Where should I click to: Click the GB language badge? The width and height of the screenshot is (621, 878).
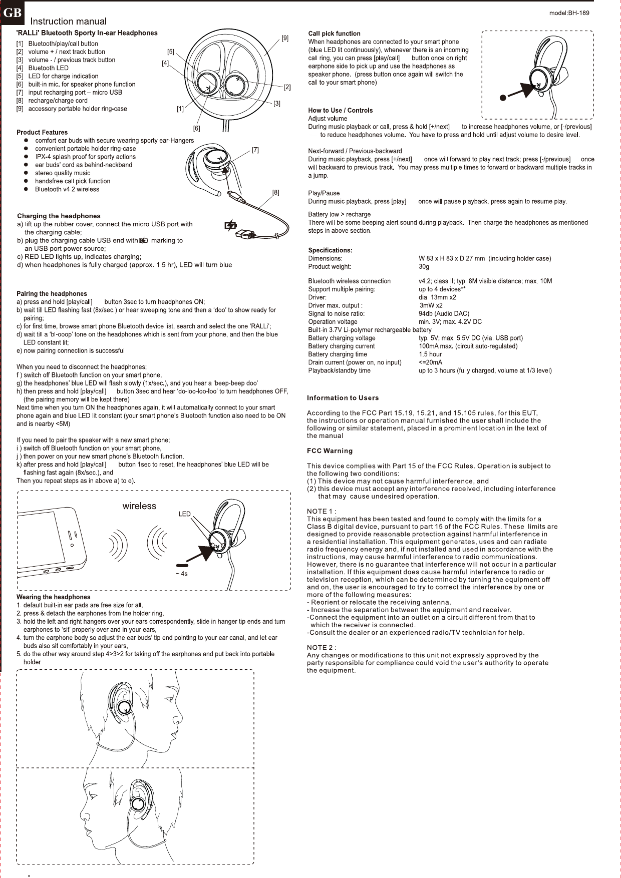coord(12,13)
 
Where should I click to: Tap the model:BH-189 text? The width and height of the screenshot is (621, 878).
coord(569,13)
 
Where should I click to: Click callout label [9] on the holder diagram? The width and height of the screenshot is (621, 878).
coord(284,38)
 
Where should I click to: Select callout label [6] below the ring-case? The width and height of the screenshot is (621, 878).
coord(197,128)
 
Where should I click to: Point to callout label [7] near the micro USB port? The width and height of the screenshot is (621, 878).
coord(255,150)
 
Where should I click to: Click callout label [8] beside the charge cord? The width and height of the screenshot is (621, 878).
coord(276,192)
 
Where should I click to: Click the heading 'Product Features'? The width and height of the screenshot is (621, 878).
coord(42,132)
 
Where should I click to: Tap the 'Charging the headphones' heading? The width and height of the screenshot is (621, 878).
coord(59,216)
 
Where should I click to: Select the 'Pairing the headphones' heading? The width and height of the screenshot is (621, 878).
coord(52,293)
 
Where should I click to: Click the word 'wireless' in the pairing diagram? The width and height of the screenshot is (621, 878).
coord(139,506)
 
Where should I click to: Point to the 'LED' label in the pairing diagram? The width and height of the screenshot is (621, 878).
coord(185,514)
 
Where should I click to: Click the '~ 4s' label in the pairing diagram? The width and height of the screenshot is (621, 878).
coord(181,574)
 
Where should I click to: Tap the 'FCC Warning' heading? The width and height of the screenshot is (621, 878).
coord(330,451)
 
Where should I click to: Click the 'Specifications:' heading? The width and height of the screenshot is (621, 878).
coord(330,250)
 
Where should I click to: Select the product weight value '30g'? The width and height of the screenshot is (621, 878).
coord(424,266)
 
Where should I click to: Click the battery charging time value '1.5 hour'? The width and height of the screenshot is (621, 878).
coord(430,354)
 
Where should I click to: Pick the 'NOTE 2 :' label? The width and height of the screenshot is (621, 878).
coord(321,647)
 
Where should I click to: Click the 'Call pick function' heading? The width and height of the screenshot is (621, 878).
coord(334,34)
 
